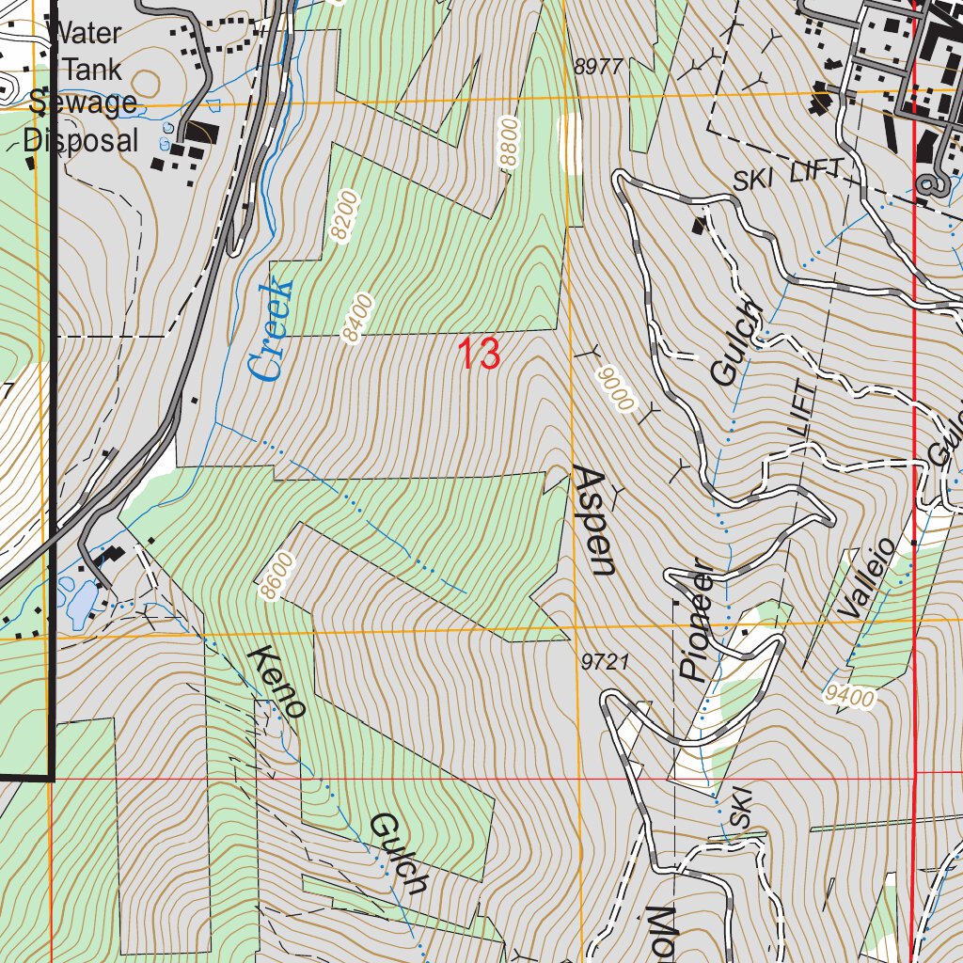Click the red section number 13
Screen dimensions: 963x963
coord(479,355)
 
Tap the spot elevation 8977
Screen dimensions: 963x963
coord(598,66)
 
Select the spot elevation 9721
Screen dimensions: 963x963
coord(605,663)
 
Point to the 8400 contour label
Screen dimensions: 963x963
coord(358,319)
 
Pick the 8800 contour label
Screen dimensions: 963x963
coord(509,141)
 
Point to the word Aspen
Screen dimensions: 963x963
coord(594,519)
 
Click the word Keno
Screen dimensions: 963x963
coord(277,682)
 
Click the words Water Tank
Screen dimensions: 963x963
coord(85,51)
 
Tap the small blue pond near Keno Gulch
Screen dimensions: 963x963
coord(79,599)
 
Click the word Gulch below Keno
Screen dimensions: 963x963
coord(399,853)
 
